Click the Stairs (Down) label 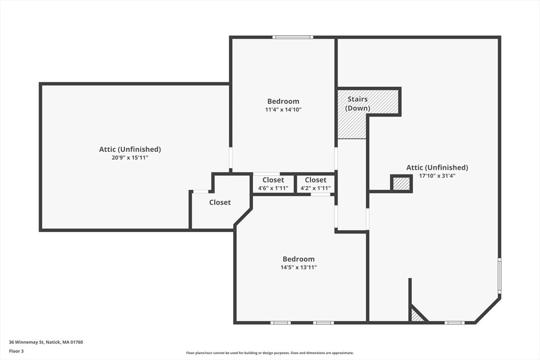(x=358, y=104)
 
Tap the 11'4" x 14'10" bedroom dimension (x=283, y=110)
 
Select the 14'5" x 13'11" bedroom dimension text (x=298, y=267)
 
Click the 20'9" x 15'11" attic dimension (x=130, y=158)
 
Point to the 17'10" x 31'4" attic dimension (x=437, y=176)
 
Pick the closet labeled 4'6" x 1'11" (x=274, y=184)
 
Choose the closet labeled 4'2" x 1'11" (x=315, y=184)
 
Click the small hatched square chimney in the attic (x=401, y=183)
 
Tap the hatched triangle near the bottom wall (x=417, y=315)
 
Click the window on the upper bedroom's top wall (x=293, y=37)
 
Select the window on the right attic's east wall (x=499, y=275)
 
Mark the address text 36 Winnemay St (x=26, y=342)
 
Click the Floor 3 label (x=16, y=352)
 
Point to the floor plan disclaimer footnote (x=270, y=353)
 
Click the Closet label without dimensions (x=220, y=202)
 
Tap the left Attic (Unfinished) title (x=130, y=149)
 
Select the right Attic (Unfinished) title (x=437, y=168)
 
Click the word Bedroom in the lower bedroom (x=298, y=259)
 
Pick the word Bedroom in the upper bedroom (x=283, y=101)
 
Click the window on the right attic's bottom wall (x=454, y=323)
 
